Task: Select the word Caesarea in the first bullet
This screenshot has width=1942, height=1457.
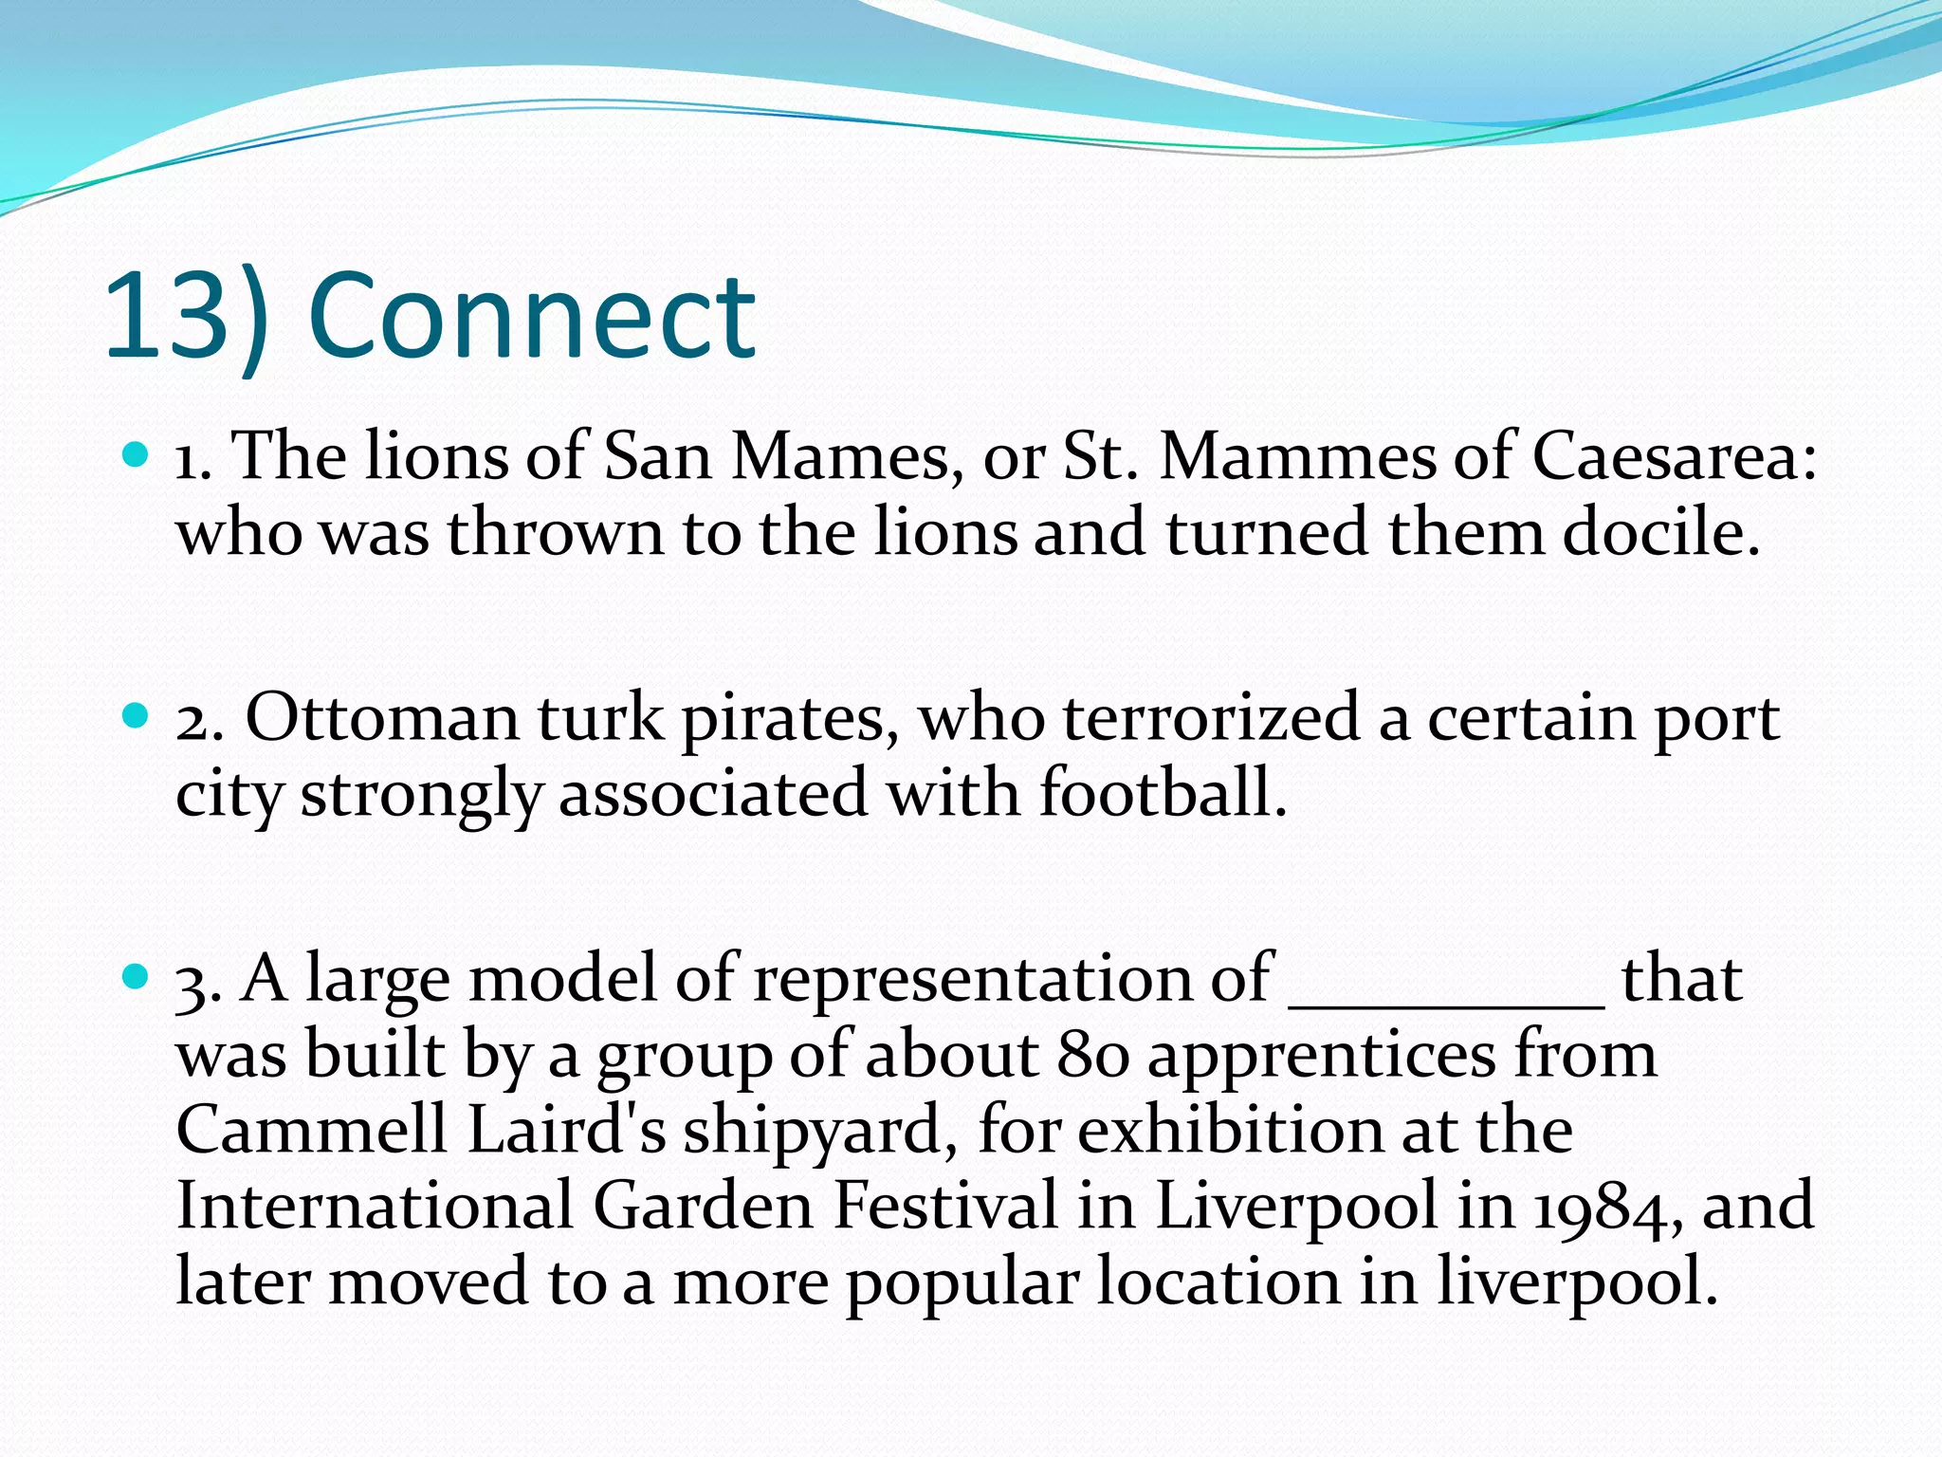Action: [x=1675, y=456]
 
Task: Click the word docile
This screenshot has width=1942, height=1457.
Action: [x=1661, y=532]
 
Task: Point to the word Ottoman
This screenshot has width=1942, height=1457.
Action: [x=382, y=718]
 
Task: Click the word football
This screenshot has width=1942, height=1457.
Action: [x=1163, y=793]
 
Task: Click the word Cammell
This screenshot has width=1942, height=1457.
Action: [x=312, y=1130]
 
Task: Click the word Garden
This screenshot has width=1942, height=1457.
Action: [x=704, y=1206]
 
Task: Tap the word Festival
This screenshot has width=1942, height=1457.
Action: [x=945, y=1206]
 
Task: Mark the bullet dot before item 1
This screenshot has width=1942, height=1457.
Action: [x=137, y=455]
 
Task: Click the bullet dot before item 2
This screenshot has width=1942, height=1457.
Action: [x=137, y=716]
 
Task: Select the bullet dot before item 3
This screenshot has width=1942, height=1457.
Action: [x=137, y=977]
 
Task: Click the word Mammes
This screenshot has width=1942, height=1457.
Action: [x=1297, y=456]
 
